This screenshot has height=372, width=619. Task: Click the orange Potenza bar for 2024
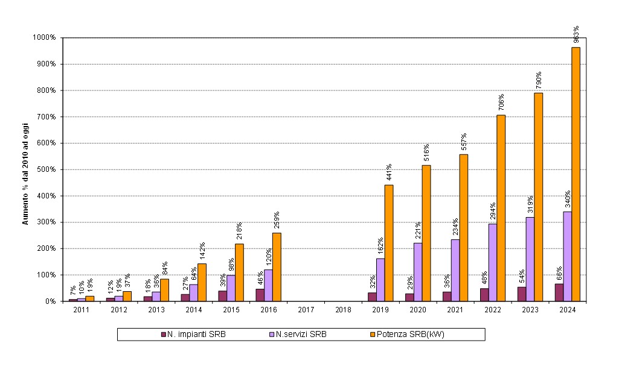576,174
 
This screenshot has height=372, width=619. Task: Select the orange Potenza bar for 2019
389,243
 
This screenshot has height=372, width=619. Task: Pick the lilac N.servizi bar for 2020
418,272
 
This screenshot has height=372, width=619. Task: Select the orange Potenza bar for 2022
501,208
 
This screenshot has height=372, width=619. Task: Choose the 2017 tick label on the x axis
306,310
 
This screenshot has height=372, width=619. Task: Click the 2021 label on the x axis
455,310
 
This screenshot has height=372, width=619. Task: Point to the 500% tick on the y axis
47,169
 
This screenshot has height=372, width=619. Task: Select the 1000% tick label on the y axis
45,37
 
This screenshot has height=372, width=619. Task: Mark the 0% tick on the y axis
51,301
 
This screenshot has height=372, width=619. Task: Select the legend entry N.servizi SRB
301,335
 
